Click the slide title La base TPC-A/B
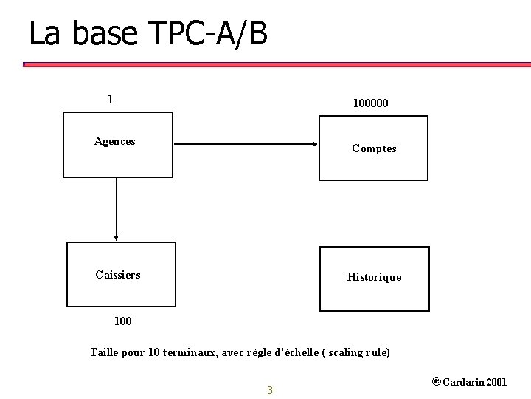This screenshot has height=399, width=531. tap(147, 34)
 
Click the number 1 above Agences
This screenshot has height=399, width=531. tap(110, 99)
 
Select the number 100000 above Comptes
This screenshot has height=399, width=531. tap(370, 104)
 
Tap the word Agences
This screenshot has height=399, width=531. tap(115, 141)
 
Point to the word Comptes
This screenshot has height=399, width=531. tap(374, 149)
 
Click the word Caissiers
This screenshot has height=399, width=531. tap(118, 275)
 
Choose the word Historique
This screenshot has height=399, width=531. tap(374, 277)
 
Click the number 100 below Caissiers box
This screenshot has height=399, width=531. tap(123, 321)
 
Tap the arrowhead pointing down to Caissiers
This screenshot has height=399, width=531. tap(117, 237)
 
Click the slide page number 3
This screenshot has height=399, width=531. tap(269, 390)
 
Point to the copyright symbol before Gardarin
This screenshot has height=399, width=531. tap(436, 382)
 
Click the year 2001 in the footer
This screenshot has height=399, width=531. tap(497, 382)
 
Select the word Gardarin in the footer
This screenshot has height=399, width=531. tap(464, 382)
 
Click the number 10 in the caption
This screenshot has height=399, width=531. tap(153, 352)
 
